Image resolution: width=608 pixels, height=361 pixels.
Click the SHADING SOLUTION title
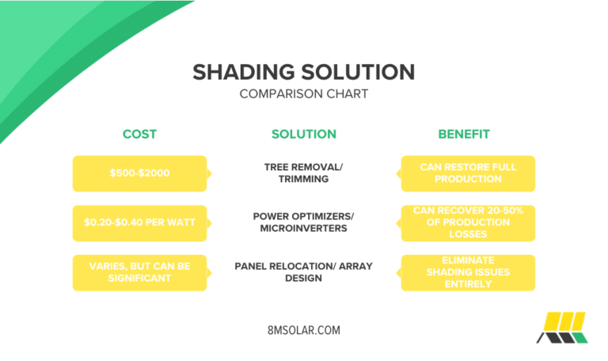pyautogui.click(x=304, y=72)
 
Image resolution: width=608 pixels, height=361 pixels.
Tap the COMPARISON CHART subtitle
pyautogui.click(x=304, y=94)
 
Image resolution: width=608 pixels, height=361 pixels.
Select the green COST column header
pyautogui.click(x=139, y=134)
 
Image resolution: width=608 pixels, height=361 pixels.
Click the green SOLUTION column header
pyautogui.click(x=304, y=134)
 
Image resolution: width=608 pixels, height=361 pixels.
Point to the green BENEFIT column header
pyautogui.click(x=465, y=134)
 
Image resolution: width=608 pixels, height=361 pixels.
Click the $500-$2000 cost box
pyautogui.click(x=139, y=173)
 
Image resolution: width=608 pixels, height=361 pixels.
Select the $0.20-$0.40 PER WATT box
pyautogui.click(x=139, y=222)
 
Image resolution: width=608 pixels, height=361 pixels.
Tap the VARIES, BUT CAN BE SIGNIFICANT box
pyautogui.click(x=139, y=272)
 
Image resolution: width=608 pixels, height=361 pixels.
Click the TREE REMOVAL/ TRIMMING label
pyautogui.click(x=304, y=173)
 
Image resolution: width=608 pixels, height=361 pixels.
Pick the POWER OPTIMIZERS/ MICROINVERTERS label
pyautogui.click(x=304, y=222)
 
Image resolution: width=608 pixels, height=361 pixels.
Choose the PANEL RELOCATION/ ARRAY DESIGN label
pyautogui.click(x=304, y=272)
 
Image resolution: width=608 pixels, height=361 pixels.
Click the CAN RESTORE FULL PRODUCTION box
pyautogui.click(x=468, y=173)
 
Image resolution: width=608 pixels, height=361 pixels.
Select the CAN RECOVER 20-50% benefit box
pyautogui.click(x=468, y=222)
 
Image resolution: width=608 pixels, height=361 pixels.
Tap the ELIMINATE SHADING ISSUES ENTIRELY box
pyautogui.click(x=468, y=272)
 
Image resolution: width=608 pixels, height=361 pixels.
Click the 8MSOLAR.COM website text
pyautogui.click(x=304, y=330)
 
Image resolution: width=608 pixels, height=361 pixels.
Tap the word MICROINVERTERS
pyautogui.click(x=304, y=229)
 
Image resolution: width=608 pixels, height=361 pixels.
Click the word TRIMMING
pyautogui.click(x=304, y=180)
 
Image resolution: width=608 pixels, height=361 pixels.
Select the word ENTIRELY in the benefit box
pyautogui.click(x=468, y=283)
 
